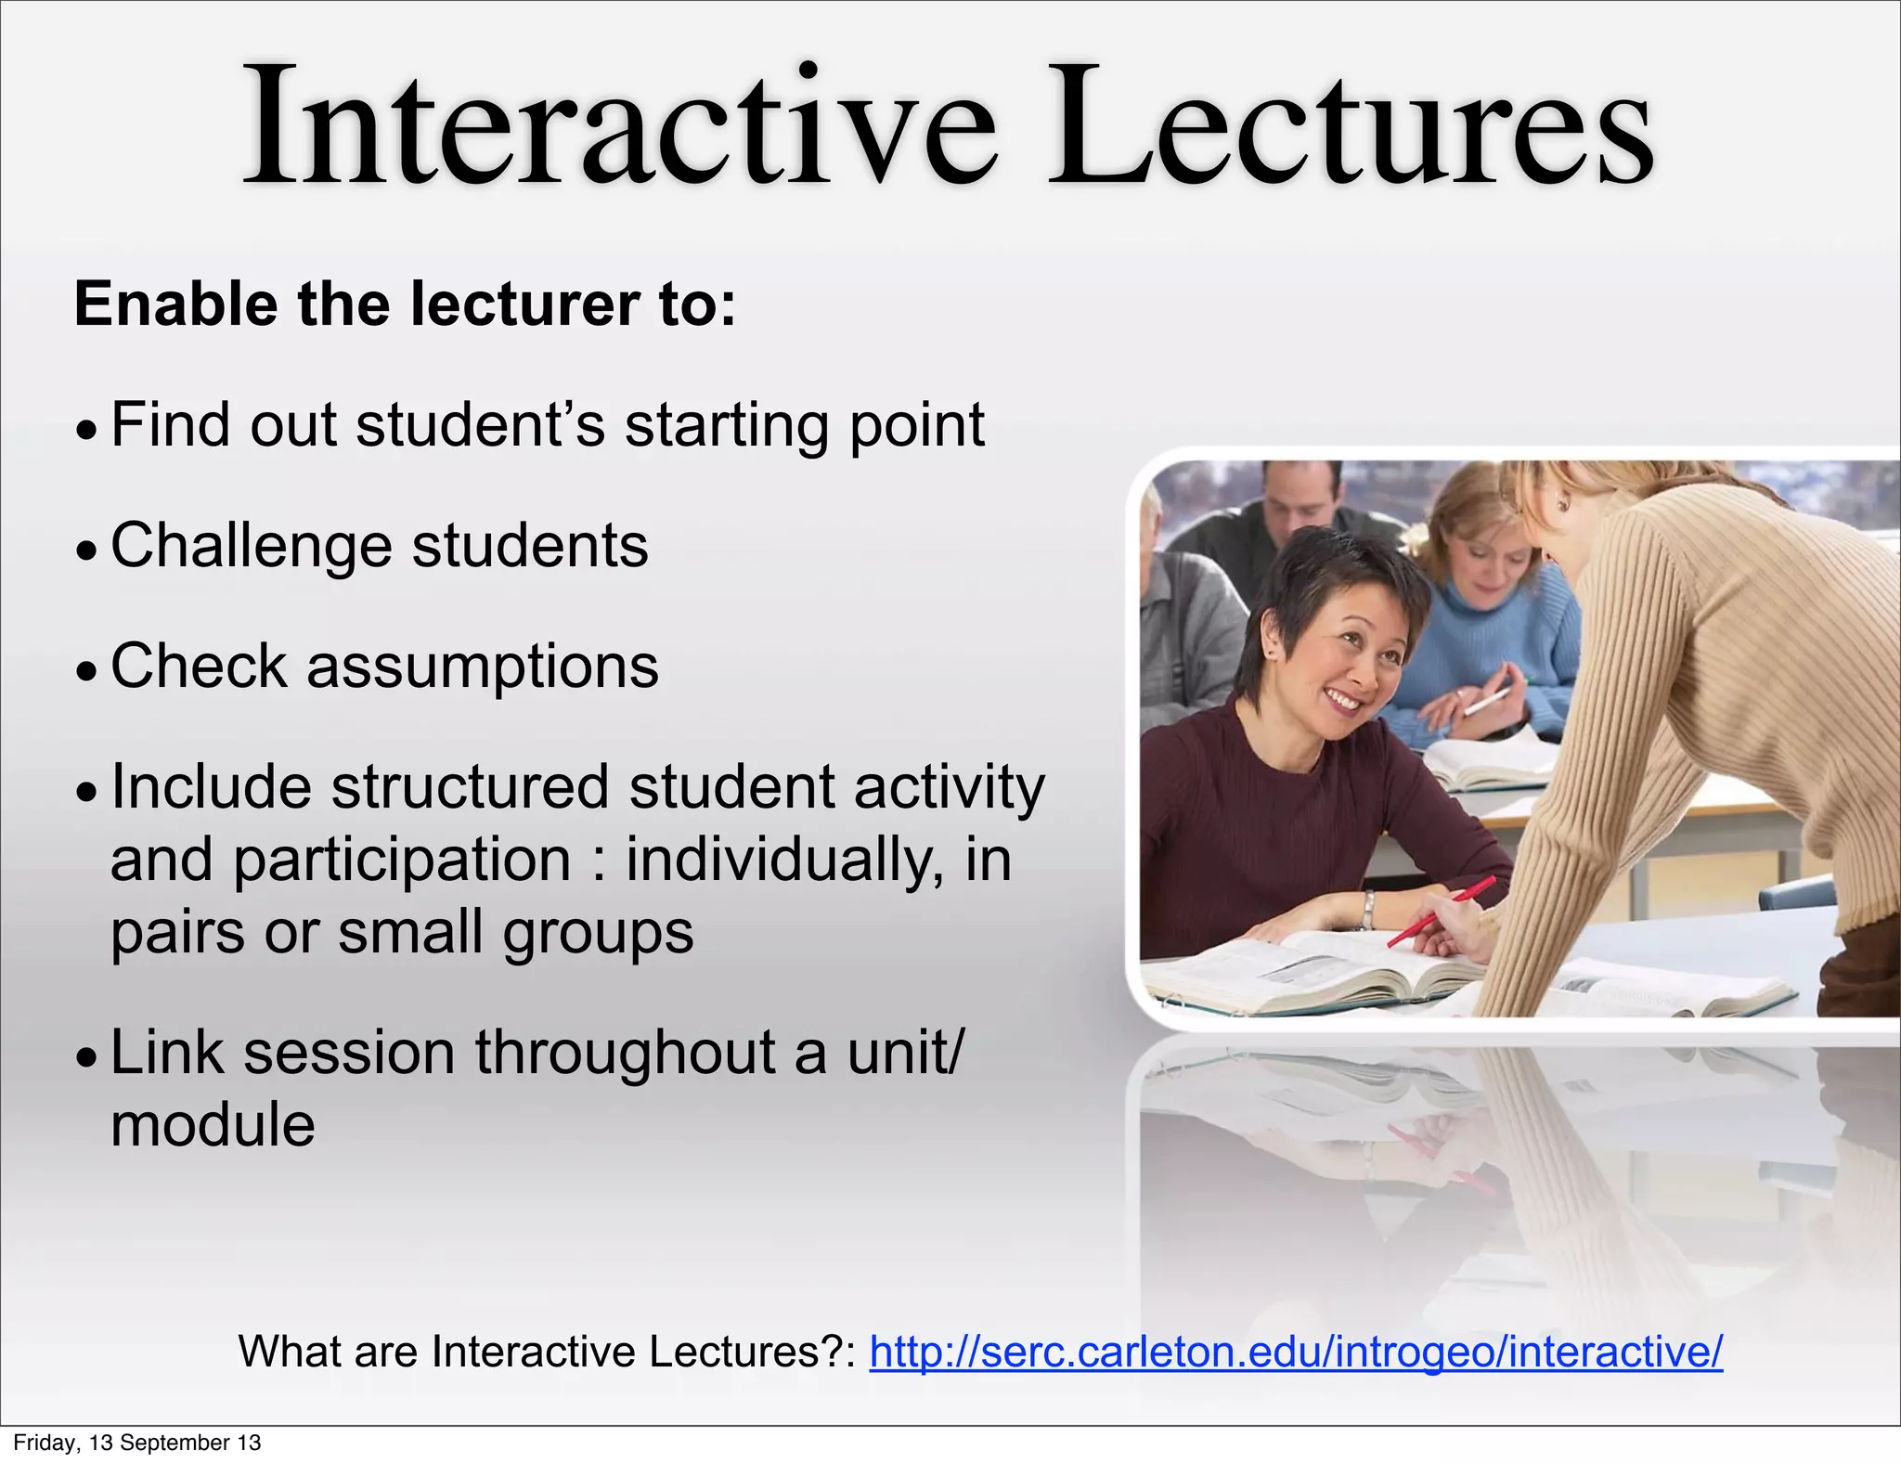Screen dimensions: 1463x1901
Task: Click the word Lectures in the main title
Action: click(x=1351, y=125)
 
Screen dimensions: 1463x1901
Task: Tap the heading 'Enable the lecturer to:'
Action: click(x=405, y=304)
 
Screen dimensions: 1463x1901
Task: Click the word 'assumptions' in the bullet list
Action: click(x=483, y=667)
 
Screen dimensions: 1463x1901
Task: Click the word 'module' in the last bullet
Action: click(x=213, y=1125)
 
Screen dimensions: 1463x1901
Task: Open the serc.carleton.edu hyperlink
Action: click(x=1296, y=1352)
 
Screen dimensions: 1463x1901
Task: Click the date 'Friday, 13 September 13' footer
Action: click(x=137, y=1443)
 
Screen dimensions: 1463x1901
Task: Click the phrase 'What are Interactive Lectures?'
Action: click(x=548, y=1352)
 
